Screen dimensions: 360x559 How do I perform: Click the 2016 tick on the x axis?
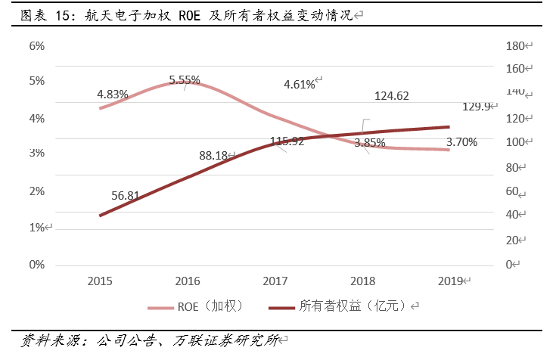pyautogui.click(x=188, y=281)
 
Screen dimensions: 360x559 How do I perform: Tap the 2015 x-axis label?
pyautogui.click(x=100, y=281)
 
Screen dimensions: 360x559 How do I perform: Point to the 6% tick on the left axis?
pyautogui.click(x=37, y=45)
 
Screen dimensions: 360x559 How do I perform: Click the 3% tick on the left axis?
pyautogui.click(x=37, y=153)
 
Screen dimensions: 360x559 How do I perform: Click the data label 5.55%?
pyautogui.click(x=185, y=79)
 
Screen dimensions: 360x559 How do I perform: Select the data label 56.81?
pyautogui.click(x=125, y=195)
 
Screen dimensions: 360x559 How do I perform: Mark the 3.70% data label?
pyautogui.click(x=461, y=141)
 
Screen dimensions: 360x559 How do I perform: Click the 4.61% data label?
pyautogui.click(x=300, y=84)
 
